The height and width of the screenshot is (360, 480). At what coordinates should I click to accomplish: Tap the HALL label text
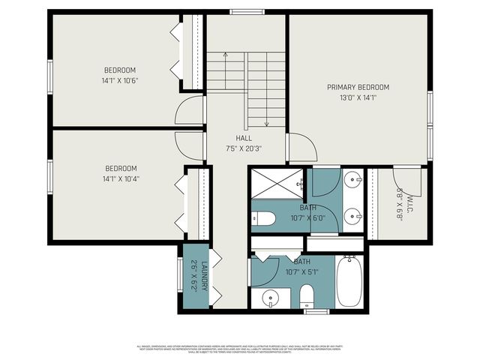[244, 138]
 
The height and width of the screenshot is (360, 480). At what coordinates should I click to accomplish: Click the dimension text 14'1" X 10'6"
[120, 80]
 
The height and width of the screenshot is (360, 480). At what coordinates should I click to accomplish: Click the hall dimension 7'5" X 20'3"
[244, 148]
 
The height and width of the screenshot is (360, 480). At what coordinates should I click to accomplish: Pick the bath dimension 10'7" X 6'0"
[307, 218]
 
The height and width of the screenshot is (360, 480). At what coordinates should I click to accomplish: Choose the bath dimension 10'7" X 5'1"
[301, 272]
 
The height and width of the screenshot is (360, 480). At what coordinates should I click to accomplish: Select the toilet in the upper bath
[262, 219]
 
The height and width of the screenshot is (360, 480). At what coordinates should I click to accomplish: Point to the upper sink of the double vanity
[354, 180]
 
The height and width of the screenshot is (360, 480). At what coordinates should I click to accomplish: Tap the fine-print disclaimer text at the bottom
[240, 349]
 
